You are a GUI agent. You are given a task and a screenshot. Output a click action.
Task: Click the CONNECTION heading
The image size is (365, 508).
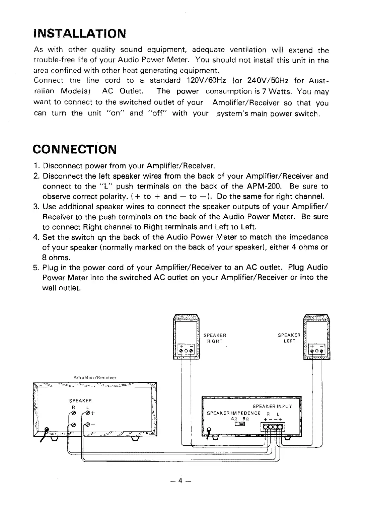[x=75, y=149]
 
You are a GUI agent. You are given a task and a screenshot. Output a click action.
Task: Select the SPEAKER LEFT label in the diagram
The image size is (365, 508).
[x=289, y=338]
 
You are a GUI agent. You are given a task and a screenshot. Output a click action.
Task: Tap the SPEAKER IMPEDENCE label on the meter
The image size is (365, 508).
[x=234, y=413]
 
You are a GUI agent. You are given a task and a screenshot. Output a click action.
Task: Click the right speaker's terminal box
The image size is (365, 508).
[x=186, y=350]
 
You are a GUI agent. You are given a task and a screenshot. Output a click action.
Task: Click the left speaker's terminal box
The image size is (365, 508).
[x=317, y=350]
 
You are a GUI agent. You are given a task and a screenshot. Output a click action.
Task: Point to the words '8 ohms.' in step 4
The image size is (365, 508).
[x=56, y=258]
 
